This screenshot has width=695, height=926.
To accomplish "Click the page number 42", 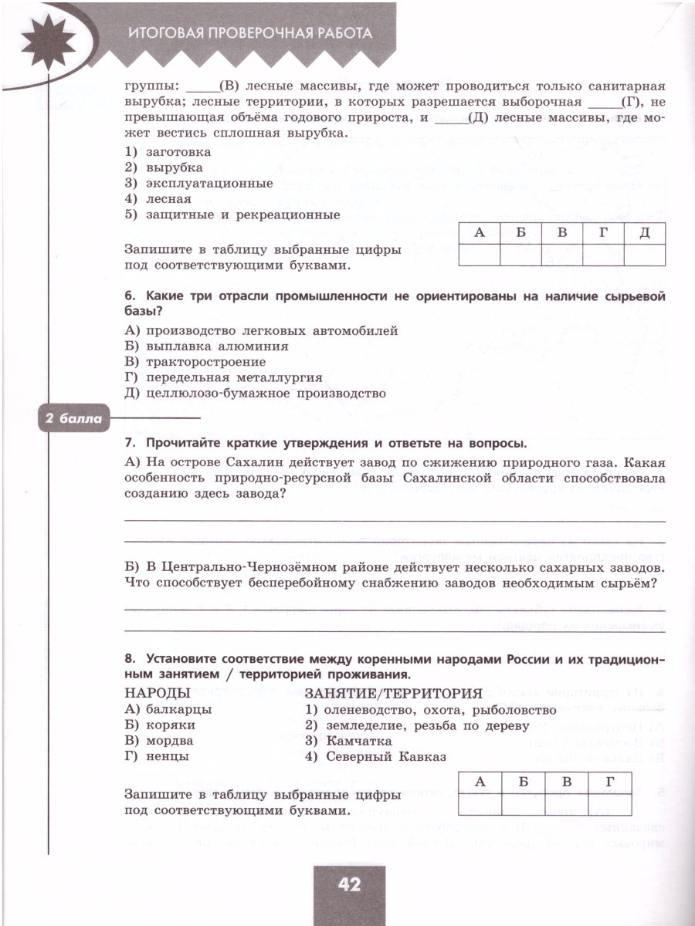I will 349,884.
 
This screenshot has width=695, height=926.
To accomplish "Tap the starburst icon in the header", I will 49,39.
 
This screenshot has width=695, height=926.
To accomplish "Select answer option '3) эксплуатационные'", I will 198,184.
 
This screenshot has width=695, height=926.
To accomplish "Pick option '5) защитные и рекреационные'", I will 232,215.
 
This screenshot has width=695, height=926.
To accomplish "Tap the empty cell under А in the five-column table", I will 479,255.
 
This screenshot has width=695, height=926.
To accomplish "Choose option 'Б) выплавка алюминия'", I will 205,346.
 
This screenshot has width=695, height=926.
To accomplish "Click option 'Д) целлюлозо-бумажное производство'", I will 254,394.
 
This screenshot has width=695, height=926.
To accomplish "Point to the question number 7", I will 129,443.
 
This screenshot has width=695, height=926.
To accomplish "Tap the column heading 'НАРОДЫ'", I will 157,692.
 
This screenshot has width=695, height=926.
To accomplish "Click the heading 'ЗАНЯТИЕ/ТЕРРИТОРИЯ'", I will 394,692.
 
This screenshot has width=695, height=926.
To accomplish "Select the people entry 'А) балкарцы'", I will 168,710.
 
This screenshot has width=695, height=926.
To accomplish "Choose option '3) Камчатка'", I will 348,741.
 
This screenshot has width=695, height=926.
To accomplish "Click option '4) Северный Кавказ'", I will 375,756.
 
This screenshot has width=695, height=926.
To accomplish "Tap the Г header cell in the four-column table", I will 611,782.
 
